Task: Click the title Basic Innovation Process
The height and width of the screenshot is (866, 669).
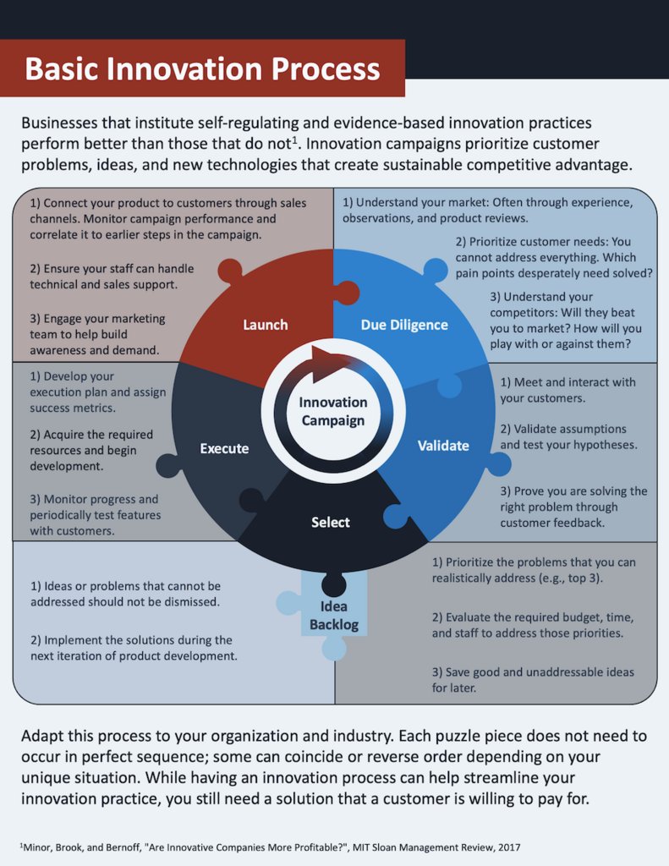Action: [x=202, y=69]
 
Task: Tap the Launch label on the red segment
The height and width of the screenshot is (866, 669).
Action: [x=265, y=325]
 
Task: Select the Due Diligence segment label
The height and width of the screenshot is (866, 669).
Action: [x=404, y=325]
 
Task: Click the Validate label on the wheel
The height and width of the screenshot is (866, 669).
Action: [x=442, y=445]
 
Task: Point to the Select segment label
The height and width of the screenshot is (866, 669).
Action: [x=330, y=522]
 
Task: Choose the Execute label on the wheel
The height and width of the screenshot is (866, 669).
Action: [x=224, y=448]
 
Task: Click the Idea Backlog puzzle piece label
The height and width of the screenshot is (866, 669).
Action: [x=333, y=616]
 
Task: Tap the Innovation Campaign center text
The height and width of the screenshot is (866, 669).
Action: [x=332, y=411]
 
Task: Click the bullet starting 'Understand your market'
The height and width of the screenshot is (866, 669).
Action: [x=487, y=211]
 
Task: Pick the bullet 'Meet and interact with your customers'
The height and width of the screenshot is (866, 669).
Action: [x=567, y=390]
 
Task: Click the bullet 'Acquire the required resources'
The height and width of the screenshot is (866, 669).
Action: [x=91, y=450]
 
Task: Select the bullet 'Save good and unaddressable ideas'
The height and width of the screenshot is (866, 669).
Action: [x=533, y=680]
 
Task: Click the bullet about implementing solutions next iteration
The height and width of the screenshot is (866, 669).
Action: [x=134, y=648]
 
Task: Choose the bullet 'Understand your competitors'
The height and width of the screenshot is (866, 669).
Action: [x=565, y=321]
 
